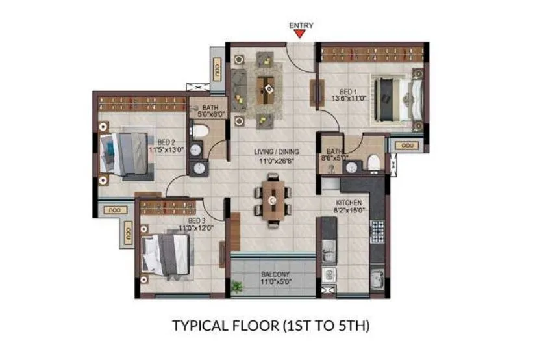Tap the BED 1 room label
point(349,92)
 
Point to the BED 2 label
point(166,142)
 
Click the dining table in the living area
point(271,199)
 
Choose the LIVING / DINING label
point(271,153)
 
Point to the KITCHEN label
point(349,203)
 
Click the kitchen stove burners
point(377,231)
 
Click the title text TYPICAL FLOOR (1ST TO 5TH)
point(271,324)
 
